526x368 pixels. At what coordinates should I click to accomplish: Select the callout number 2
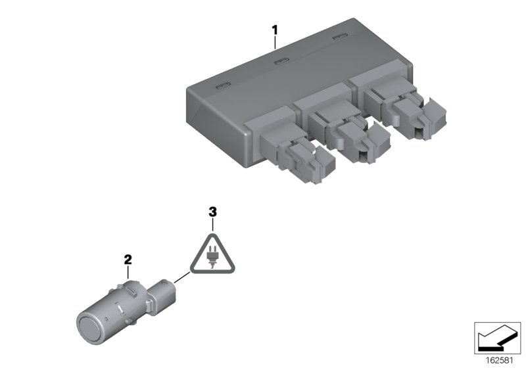click(128, 260)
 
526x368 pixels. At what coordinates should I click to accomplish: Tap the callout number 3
click(212, 212)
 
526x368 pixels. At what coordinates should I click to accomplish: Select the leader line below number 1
click(276, 42)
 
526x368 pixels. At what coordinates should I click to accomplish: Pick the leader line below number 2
click(128, 271)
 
